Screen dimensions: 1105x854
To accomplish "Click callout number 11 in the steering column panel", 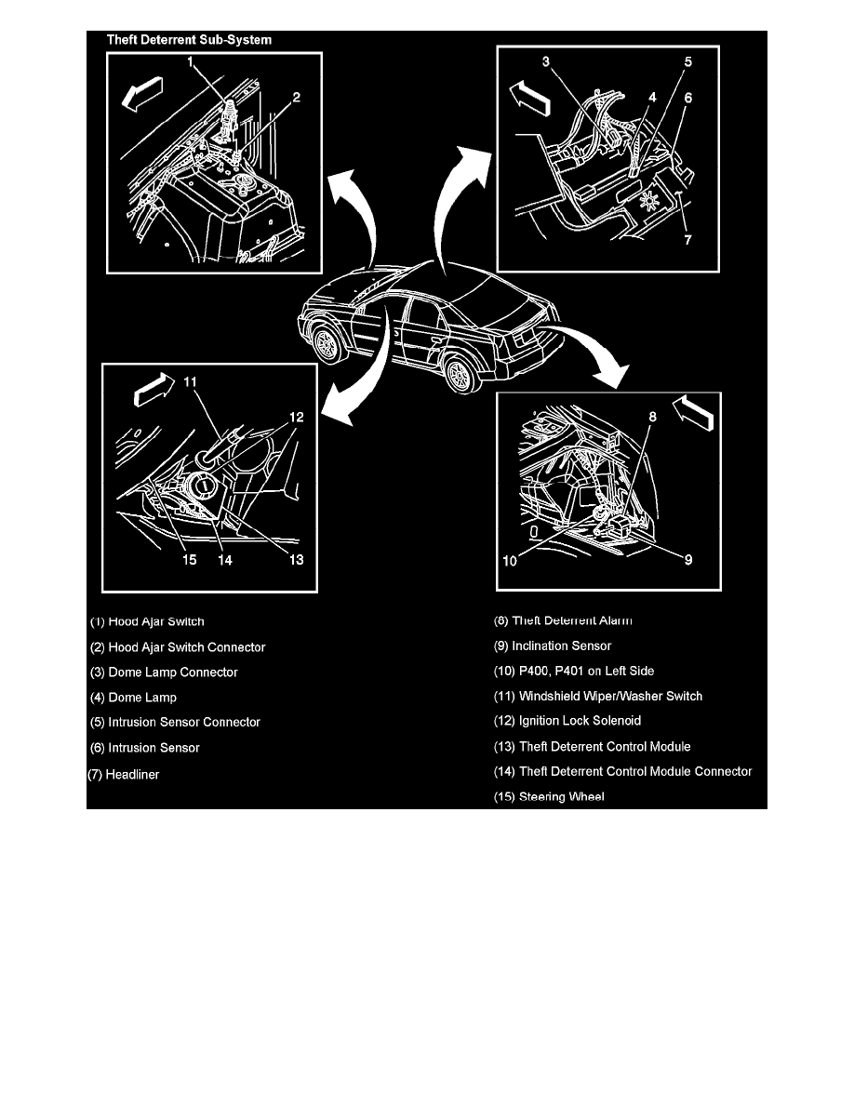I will (190, 381).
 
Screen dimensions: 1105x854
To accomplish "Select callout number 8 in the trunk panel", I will (653, 418).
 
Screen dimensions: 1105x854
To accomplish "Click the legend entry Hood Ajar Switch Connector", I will (178, 647).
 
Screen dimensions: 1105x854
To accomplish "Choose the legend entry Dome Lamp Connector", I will (164, 672).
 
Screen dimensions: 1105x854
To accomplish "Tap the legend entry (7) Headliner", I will (124, 774).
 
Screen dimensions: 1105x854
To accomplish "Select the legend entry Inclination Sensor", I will (553, 646).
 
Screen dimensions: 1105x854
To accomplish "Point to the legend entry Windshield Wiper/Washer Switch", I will (598, 696).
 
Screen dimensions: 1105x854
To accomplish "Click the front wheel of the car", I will (327, 345).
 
